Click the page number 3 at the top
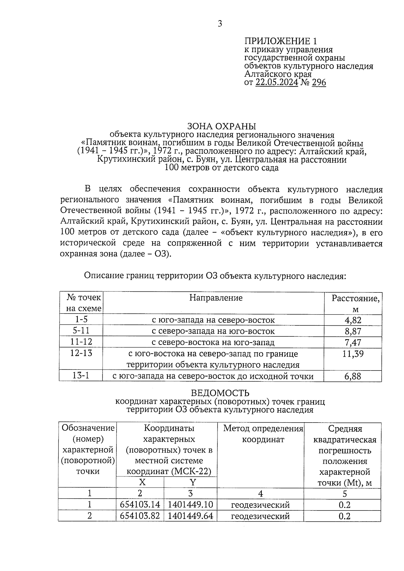point(220,24)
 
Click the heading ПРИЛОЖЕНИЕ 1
point(280,41)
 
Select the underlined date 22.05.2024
point(277,82)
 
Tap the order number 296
point(319,82)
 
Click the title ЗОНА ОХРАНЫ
point(221,127)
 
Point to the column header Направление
point(216,298)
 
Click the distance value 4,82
point(352,320)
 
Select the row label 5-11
point(81,331)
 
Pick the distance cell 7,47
point(352,343)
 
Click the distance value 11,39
point(352,354)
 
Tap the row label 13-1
point(81,376)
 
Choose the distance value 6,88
point(352,377)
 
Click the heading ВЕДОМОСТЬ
point(220,393)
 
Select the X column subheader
point(142,483)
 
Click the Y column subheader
point(192,483)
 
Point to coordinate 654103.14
point(140,505)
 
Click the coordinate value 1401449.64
point(190,516)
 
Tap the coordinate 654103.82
point(140,516)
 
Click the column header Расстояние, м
point(356,303)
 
